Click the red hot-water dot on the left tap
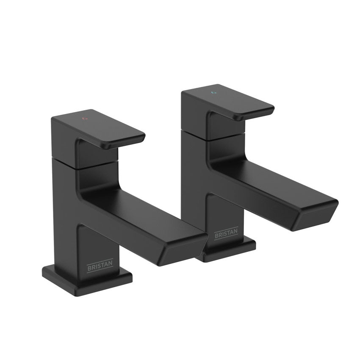coord(84,118)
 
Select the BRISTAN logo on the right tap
coord(226,234)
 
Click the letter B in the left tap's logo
coord(89,268)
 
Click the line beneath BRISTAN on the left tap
coord(100,271)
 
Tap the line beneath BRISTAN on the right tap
coord(226,238)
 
